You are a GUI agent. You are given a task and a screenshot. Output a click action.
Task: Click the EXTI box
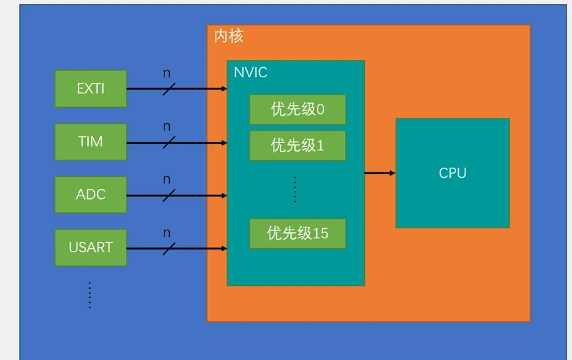tap(91, 89)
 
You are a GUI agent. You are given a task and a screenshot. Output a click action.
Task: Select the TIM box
tap(91, 142)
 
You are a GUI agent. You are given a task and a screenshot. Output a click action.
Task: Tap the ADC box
tap(91, 195)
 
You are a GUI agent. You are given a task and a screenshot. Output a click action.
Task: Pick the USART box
tap(91, 248)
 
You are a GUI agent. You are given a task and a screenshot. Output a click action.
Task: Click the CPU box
tap(453, 173)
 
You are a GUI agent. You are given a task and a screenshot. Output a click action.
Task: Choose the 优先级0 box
tap(298, 110)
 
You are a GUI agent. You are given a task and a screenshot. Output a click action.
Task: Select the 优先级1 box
tap(298, 146)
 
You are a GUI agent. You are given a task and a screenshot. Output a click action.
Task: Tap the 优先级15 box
tap(298, 234)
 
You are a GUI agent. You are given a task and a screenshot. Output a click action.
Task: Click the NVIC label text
tap(250, 72)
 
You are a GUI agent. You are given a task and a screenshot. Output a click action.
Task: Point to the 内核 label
tap(228, 36)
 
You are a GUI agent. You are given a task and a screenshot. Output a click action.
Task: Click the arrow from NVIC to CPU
tap(380, 173)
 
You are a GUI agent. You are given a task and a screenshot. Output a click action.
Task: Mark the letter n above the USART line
tap(166, 233)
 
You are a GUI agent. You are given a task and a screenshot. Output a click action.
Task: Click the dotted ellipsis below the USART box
tap(90, 295)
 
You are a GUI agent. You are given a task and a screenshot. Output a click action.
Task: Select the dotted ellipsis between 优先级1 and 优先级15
tap(295, 190)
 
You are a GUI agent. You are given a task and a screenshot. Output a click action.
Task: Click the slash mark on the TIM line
tap(169, 142)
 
